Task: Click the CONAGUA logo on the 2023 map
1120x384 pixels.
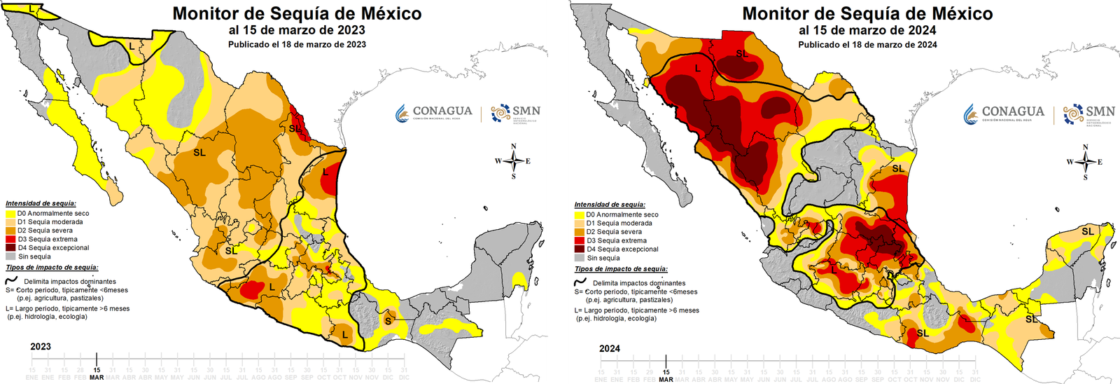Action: coord(434,113)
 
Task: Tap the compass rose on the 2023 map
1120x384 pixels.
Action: coord(514,161)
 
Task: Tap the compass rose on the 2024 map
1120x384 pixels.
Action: coord(1086,163)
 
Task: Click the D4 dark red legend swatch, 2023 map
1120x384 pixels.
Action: coord(10,247)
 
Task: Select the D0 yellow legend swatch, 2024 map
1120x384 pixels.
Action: coord(580,215)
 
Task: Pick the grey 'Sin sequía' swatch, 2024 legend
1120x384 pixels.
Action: coord(580,258)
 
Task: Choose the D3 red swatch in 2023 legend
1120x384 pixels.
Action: coord(10,239)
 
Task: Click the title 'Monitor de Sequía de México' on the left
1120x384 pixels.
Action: coord(297,13)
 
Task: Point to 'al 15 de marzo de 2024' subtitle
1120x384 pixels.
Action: coord(867,30)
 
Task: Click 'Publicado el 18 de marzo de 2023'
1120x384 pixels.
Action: coord(297,44)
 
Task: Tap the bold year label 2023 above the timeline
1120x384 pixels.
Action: coord(41,346)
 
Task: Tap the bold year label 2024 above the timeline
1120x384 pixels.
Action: coord(610,348)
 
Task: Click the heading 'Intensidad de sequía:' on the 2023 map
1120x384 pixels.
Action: coord(41,203)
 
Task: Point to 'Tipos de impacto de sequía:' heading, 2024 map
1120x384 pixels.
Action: coord(621,268)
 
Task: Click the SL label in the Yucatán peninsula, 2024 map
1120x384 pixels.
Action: coord(1087,231)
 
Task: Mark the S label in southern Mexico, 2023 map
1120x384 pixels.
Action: coord(388,321)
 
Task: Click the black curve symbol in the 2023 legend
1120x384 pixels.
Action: coord(11,280)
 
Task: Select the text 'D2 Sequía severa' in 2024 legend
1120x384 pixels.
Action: coord(614,232)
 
